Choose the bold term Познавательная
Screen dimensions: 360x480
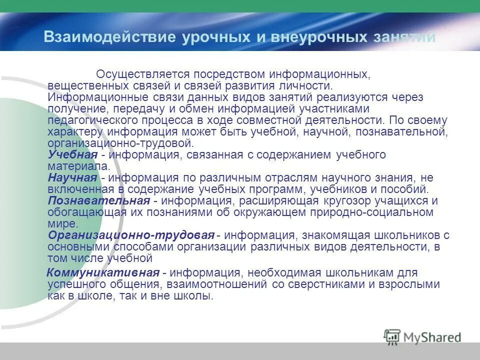[99, 201]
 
